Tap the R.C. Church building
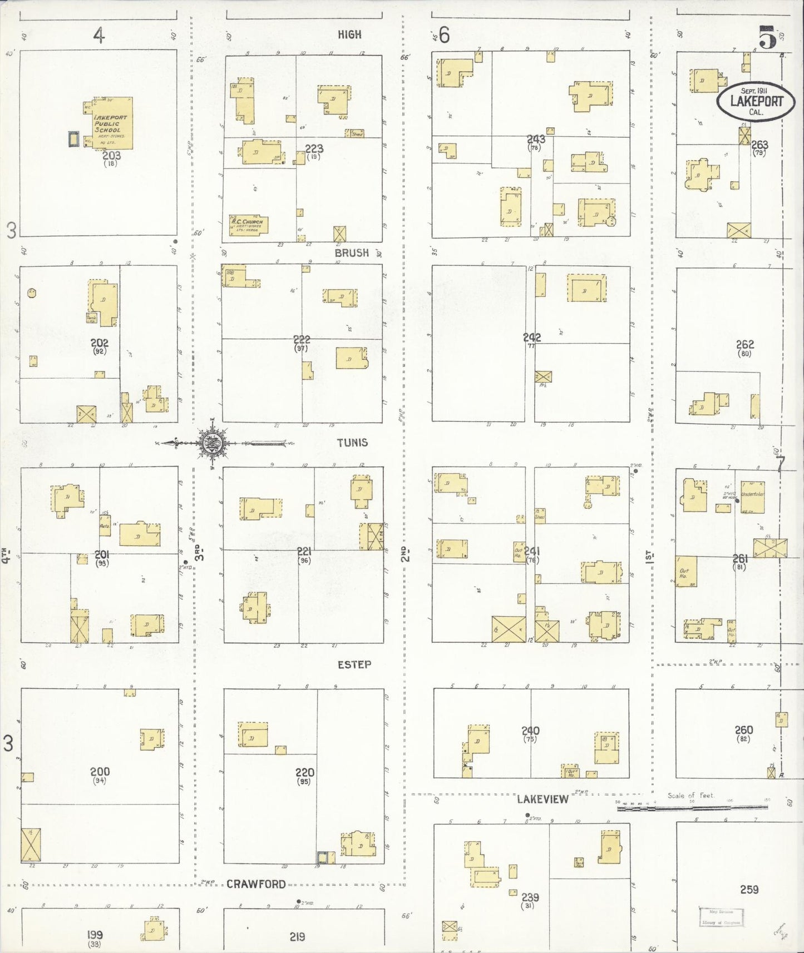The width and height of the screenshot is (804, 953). pos(249,225)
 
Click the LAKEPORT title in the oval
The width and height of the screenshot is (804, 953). pos(756,101)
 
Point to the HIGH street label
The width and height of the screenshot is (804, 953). pos(349,34)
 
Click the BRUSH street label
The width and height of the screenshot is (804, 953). pos(352,253)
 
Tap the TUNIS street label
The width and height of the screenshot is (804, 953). pos(352,443)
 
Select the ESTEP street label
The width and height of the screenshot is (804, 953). pos(354,664)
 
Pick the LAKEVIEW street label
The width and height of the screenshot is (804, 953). pos(542,799)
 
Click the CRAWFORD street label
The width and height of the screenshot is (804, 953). pos(256,884)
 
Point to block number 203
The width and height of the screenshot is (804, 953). pos(111,156)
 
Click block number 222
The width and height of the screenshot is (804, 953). pos(302,339)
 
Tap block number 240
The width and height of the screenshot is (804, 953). pos(530,731)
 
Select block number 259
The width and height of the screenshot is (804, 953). pos(749,890)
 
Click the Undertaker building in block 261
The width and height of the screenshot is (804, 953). pos(752,497)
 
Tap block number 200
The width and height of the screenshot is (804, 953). pos(100,772)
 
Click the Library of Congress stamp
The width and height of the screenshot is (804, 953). pos(721,917)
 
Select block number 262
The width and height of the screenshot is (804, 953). pos(744,345)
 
